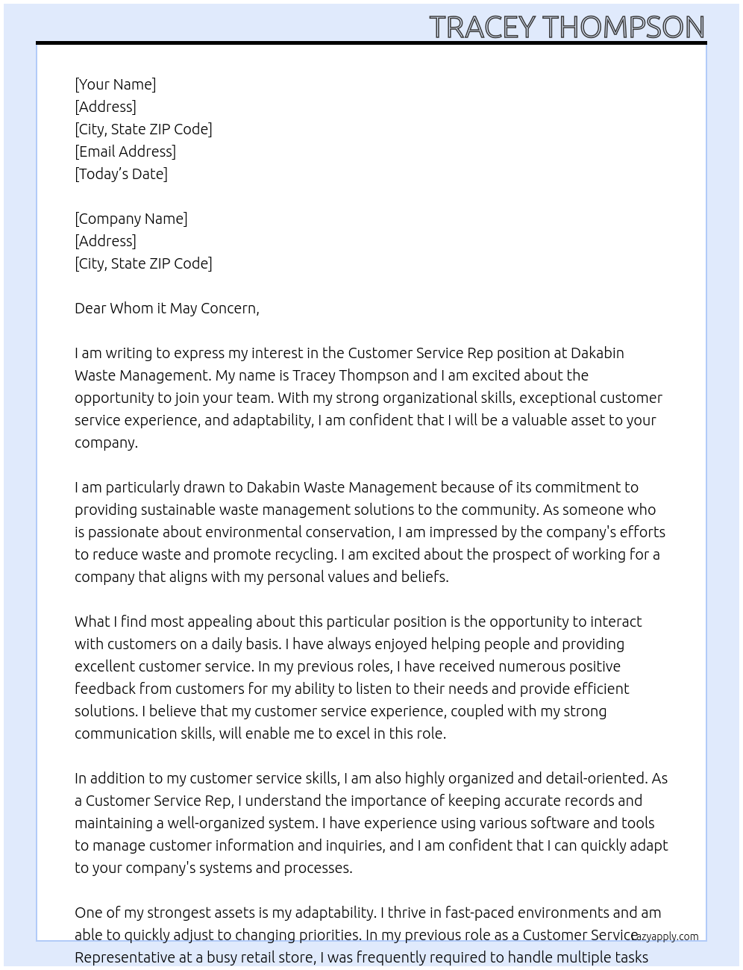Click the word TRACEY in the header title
coord(483,27)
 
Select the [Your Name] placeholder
coord(115,84)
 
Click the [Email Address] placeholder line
coord(125,151)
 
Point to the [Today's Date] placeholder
coord(121,174)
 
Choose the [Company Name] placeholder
coord(131,219)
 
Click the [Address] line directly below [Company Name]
coord(105,241)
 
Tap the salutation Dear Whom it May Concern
coord(166,308)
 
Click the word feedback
coord(105,689)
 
